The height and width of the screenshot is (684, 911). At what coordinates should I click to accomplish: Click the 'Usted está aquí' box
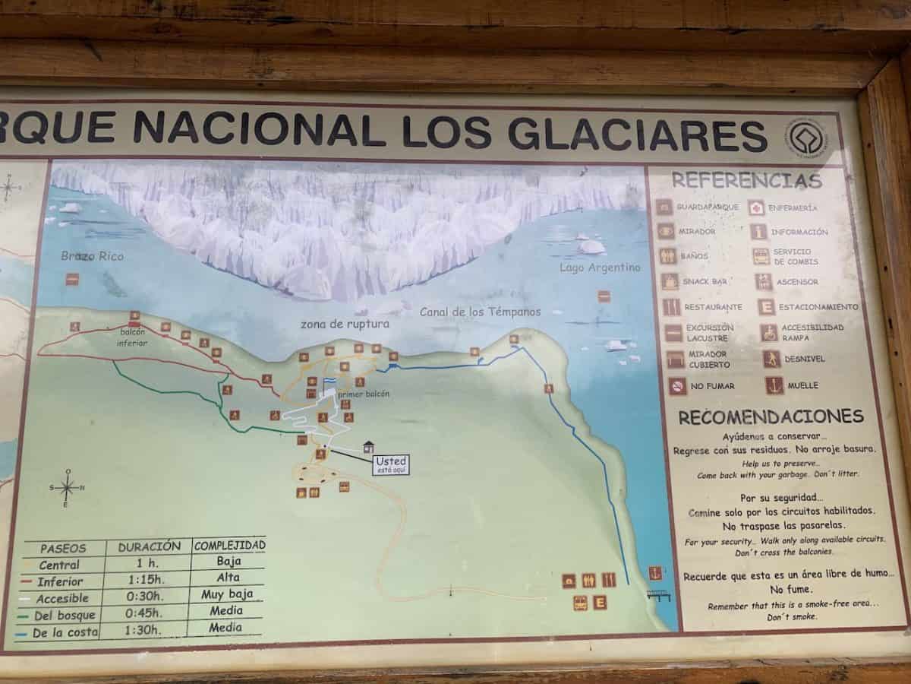click(391, 464)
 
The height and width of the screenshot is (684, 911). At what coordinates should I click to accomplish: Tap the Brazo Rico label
click(92, 256)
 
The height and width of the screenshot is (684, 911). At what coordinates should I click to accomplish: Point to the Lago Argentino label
click(600, 268)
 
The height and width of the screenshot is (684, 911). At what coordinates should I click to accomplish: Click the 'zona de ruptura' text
click(345, 324)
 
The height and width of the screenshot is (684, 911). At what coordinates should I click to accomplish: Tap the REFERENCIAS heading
click(747, 181)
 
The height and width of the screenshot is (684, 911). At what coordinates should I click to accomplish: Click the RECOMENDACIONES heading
click(771, 416)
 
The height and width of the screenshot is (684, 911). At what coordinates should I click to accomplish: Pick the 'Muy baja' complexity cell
click(228, 594)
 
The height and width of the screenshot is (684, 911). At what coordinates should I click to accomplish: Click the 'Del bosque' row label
click(65, 614)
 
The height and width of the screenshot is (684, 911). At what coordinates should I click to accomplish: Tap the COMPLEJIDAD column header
click(229, 545)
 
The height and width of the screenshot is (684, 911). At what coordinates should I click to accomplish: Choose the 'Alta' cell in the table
click(228, 578)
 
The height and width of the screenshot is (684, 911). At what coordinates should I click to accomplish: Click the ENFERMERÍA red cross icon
click(757, 207)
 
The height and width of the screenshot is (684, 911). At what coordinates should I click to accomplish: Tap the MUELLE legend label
click(802, 385)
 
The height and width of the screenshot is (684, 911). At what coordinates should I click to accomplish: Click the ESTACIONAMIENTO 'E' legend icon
click(767, 307)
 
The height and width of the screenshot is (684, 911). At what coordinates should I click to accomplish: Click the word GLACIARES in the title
click(638, 135)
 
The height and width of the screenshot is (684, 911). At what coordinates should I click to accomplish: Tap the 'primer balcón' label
click(364, 394)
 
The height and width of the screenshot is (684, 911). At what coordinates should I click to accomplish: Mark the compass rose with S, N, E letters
click(67, 487)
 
